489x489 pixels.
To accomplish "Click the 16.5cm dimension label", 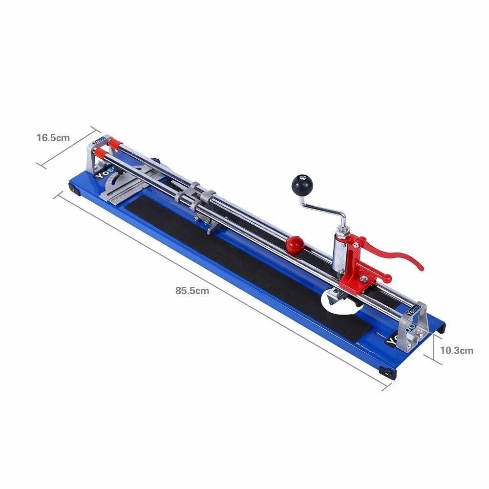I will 53,138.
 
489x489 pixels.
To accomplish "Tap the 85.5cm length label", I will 192,291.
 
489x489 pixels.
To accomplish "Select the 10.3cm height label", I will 456,350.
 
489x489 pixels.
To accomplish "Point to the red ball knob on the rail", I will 295,244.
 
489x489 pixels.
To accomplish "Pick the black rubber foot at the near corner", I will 389,374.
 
